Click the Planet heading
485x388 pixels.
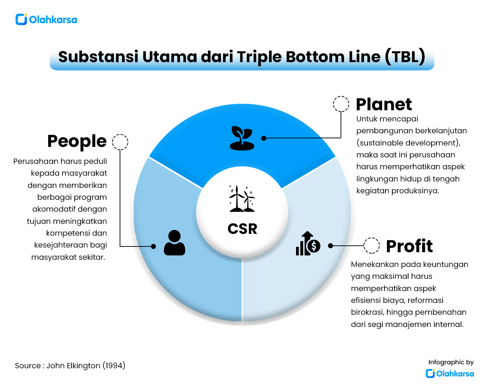384,105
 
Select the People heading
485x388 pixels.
77,141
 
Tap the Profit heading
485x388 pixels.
409,246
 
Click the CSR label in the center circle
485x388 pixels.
242,229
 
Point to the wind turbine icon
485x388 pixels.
242,199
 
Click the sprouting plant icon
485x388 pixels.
242,138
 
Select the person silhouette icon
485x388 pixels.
175,243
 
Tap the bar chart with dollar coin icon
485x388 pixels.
308,244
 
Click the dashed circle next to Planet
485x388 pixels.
341,104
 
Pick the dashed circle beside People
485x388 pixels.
120,142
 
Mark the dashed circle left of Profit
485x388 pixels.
371,246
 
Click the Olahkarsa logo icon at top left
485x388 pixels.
21,19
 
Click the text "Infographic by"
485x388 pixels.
451,362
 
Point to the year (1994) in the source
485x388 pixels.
114,366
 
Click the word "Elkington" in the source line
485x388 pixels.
83,366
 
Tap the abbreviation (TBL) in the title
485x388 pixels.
406,57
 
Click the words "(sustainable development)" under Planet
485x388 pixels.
408,143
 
